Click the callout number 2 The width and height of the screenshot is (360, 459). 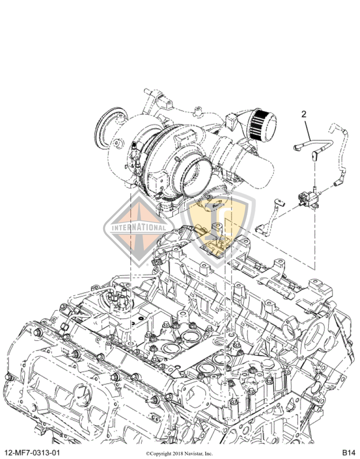click(304, 114)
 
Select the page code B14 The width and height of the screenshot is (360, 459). click(349, 452)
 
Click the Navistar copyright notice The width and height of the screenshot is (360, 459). click(179, 453)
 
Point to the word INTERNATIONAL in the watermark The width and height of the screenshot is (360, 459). click(139, 227)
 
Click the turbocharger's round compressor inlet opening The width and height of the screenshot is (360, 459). click(196, 172)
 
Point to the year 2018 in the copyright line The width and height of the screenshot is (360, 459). click(176, 453)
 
